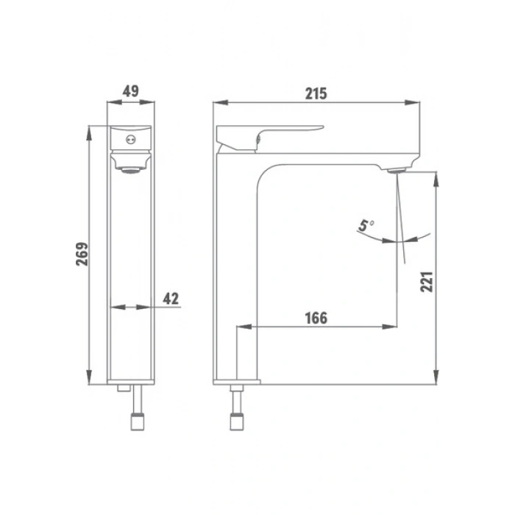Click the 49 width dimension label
tap(131, 91)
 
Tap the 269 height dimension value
tap(82, 254)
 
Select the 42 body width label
tap(171, 299)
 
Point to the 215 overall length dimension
tap(316, 93)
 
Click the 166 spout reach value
tap(316, 318)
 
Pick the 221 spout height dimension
tap(427, 282)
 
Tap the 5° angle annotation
tap(366, 226)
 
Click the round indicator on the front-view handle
tap(131, 140)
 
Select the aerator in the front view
tap(131, 170)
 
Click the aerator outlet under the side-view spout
tap(397, 170)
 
